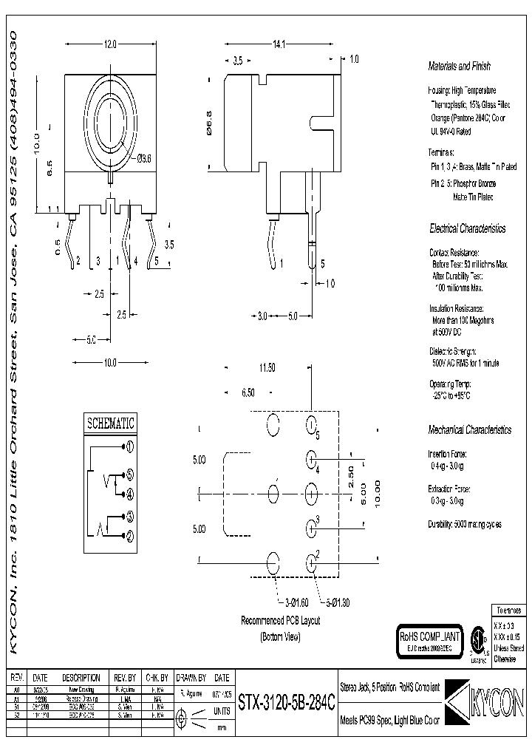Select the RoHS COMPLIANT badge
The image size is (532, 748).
coord(431,639)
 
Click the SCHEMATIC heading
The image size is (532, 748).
coord(111,424)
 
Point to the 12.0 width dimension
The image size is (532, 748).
coord(110,45)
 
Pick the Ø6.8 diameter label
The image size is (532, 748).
coord(210,121)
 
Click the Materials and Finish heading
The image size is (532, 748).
coord(459,67)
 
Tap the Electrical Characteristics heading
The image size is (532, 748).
coord(468,229)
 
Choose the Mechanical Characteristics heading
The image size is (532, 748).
coord(469,429)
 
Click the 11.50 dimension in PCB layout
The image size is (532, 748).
coord(266,367)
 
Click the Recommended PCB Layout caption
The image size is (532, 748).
coord(280,621)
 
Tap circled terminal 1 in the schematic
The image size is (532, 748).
coord(129,446)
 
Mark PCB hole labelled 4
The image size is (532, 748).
coord(311,460)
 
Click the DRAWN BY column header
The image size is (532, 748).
coord(191,677)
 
